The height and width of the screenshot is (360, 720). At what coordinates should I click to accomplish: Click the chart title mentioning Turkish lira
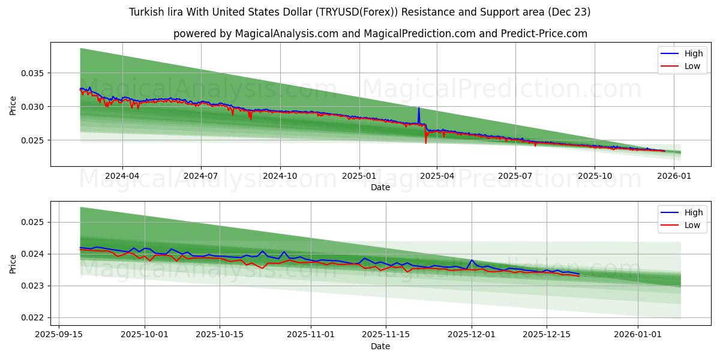[x=359, y=12]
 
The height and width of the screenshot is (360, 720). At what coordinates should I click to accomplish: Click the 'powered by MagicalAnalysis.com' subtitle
[x=380, y=34]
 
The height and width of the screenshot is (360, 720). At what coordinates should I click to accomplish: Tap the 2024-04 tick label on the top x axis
[x=122, y=176]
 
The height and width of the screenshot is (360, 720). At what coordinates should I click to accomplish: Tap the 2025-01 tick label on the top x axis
[x=359, y=176]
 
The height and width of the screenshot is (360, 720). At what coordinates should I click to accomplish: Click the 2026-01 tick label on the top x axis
[x=675, y=176]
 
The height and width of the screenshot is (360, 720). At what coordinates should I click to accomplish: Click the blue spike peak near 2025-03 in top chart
[x=419, y=108]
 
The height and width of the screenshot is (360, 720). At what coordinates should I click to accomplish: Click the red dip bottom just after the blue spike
[x=426, y=143]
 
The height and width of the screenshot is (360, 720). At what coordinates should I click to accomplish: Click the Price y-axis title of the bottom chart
[x=13, y=263]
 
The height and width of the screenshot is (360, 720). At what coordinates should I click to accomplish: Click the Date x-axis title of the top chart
[x=380, y=187]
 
